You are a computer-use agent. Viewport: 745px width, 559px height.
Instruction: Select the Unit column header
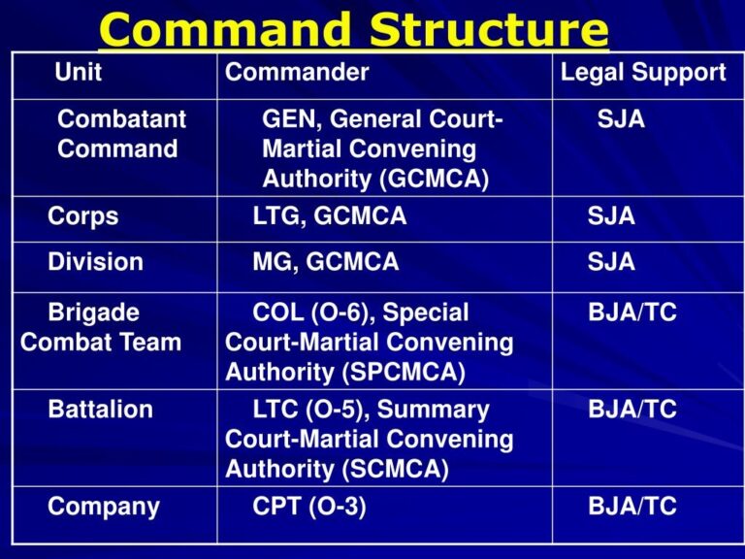tap(78, 72)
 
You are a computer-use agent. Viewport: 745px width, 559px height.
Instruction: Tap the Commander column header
tap(297, 72)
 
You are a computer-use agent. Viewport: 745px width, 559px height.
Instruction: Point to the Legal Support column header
tap(643, 72)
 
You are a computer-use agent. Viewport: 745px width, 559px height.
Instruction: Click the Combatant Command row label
tap(121, 135)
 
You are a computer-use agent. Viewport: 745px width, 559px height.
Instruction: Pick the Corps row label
tap(83, 215)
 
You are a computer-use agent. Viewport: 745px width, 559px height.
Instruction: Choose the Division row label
tap(95, 262)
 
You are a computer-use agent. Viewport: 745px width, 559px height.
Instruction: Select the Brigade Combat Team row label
tap(100, 327)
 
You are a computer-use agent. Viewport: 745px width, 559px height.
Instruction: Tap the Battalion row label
tap(100, 410)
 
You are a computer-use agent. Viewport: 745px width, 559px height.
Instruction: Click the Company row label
tap(104, 507)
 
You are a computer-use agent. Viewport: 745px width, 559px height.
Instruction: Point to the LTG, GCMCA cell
tap(329, 215)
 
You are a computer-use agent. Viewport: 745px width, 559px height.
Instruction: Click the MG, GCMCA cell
tap(325, 262)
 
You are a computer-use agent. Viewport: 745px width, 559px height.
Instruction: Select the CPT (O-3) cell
tap(308, 507)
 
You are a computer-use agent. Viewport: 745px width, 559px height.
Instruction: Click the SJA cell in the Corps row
tap(611, 215)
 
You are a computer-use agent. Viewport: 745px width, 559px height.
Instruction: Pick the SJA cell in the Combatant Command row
tap(621, 119)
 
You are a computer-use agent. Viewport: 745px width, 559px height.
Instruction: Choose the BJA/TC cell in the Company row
tap(632, 507)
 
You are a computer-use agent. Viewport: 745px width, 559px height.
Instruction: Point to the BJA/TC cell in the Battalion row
tap(632, 410)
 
